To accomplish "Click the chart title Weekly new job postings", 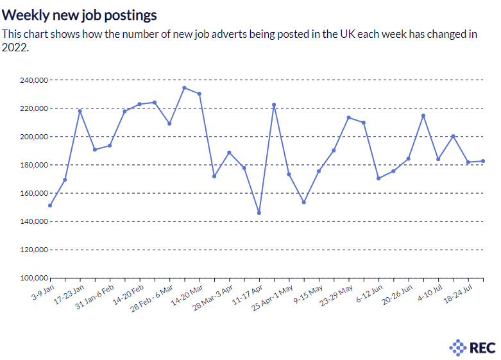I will pyautogui.click(x=80, y=13).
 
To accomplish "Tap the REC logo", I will pyautogui.click(x=472, y=348).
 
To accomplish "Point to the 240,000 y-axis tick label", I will pyautogui.click(x=33, y=80).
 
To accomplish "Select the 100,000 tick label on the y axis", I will pyautogui.click(x=33, y=278).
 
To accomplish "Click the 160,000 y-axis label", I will pyautogui.click(x=33, y=193).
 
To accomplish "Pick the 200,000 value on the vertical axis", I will pyautogui.click(x=33, y=137).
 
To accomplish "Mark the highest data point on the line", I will pyautogui.click(x=184, y=88).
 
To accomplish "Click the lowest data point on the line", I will pyautogui.click(x=259, y=213).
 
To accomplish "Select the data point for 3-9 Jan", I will pyautogui.click(x=50, y=205).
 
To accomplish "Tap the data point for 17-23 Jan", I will pyautogui.click(x=80, y=111).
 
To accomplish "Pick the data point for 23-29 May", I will pyautogui.click(x=349, y=117).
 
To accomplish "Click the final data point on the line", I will pyautogui.click(x=483, y=161).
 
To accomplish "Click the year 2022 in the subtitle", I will pyautogui.click(x=15, y=47).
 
